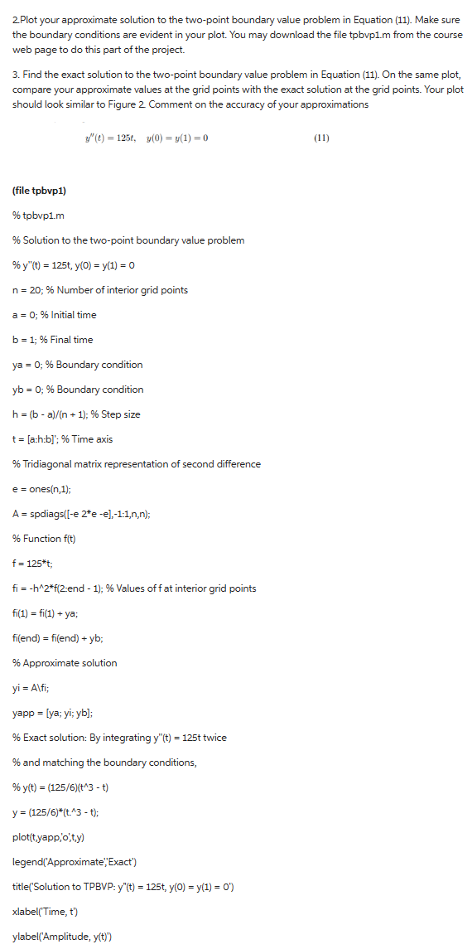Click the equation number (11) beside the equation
pyautogui.click(x=322, y=137)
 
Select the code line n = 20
pyautogui.click(x=100, y=290)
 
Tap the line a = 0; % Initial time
pyautogui.click(x=54, y=315)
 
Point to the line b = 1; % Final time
pyautogui.click(x=53, y=340)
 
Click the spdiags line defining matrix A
pyautogui.click(x=81, y=514)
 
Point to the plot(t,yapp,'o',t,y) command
pyautogui.click(x=54, y=812)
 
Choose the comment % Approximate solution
pyautogui.click(x=65, y=663)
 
